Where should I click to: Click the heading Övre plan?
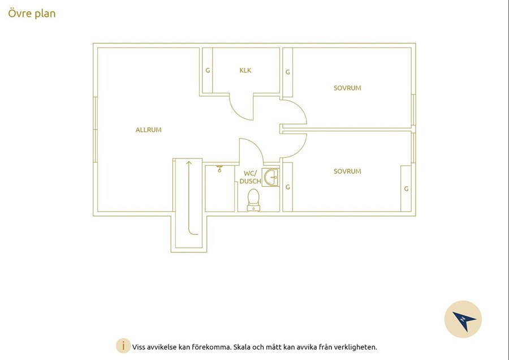click(x=32, y=14)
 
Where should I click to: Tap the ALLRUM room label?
click(x=148, y=130)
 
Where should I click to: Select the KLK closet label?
click(x=245, y=70)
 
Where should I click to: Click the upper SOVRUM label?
click(x=347, y=88)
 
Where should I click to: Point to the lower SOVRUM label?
click(x=347, y=172)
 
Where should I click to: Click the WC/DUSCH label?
click(x=251, y=177)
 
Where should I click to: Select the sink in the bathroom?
click(x=270, y=177)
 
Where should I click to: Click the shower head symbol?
click(x=220, y=168)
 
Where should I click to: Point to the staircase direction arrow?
click(x=188, y=198)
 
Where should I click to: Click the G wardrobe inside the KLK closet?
click(x=208, y=71)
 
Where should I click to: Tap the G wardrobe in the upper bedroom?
click(x=288, y=72)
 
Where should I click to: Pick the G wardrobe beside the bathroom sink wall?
click(x=288, y=187)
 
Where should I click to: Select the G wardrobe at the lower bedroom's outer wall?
click(x=406, y=188)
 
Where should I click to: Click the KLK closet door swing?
click(x=236, y=113)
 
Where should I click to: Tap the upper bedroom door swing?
click(x=302, y=109)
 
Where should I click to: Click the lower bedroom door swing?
click(x=301, y=149)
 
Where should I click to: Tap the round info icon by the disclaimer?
click(x=123, y=346)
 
